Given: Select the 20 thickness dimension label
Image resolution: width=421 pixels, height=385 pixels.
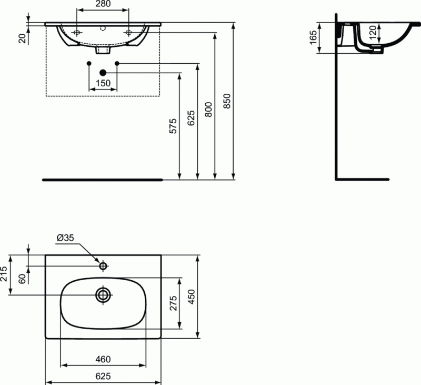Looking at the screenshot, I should [22, 38].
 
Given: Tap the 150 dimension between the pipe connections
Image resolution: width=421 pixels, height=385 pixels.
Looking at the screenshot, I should [103, 83].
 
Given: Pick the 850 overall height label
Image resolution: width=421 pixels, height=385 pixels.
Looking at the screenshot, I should [227, 101].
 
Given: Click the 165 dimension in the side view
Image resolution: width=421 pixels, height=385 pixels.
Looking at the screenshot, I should [313, 37].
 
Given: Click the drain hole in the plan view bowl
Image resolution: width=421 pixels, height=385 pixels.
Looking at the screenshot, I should [103, 294].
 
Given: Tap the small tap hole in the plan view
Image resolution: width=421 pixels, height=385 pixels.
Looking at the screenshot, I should [103, 265].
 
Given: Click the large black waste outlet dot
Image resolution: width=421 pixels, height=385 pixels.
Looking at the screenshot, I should [103, 72].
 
